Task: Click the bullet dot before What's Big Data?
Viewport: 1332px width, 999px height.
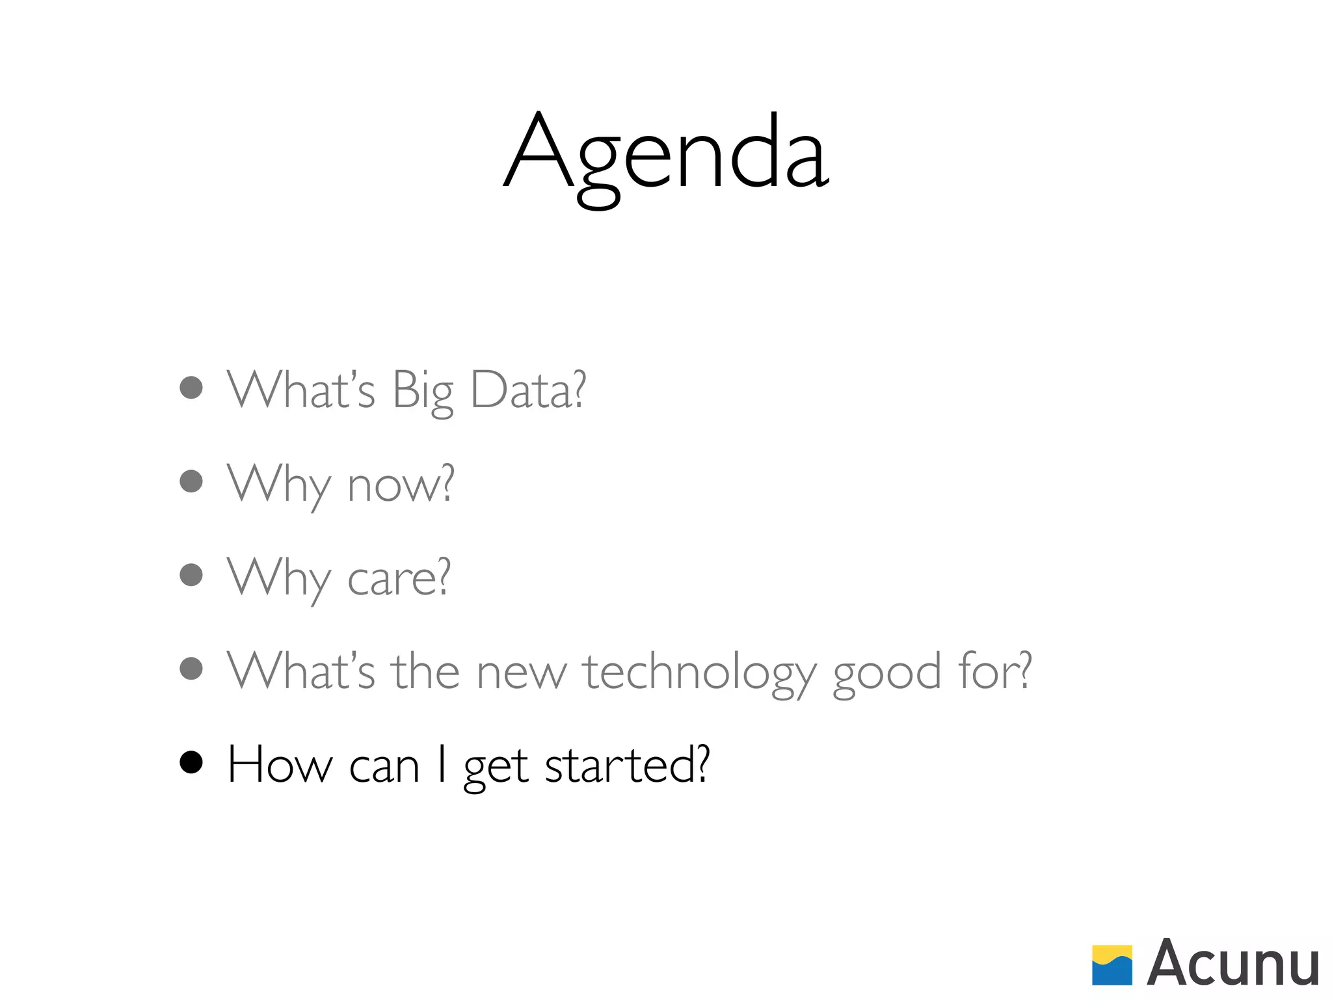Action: point(191,388)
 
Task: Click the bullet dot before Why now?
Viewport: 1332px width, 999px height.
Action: point(191,481)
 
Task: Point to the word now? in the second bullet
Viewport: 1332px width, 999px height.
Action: point(401,485)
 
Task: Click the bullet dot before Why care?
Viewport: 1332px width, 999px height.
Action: point(191,575)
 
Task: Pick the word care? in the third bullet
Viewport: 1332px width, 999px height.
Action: point(399,578)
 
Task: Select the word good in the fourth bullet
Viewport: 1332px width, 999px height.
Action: point(887,673)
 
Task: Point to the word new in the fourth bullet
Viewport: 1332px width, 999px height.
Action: point(522,673)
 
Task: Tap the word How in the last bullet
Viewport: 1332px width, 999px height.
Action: point(280,765)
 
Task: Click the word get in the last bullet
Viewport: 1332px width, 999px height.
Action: point(496,767)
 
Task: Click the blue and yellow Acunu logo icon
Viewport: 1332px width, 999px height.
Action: point(1112,965)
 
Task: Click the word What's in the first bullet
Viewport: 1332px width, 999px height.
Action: point(301,390)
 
